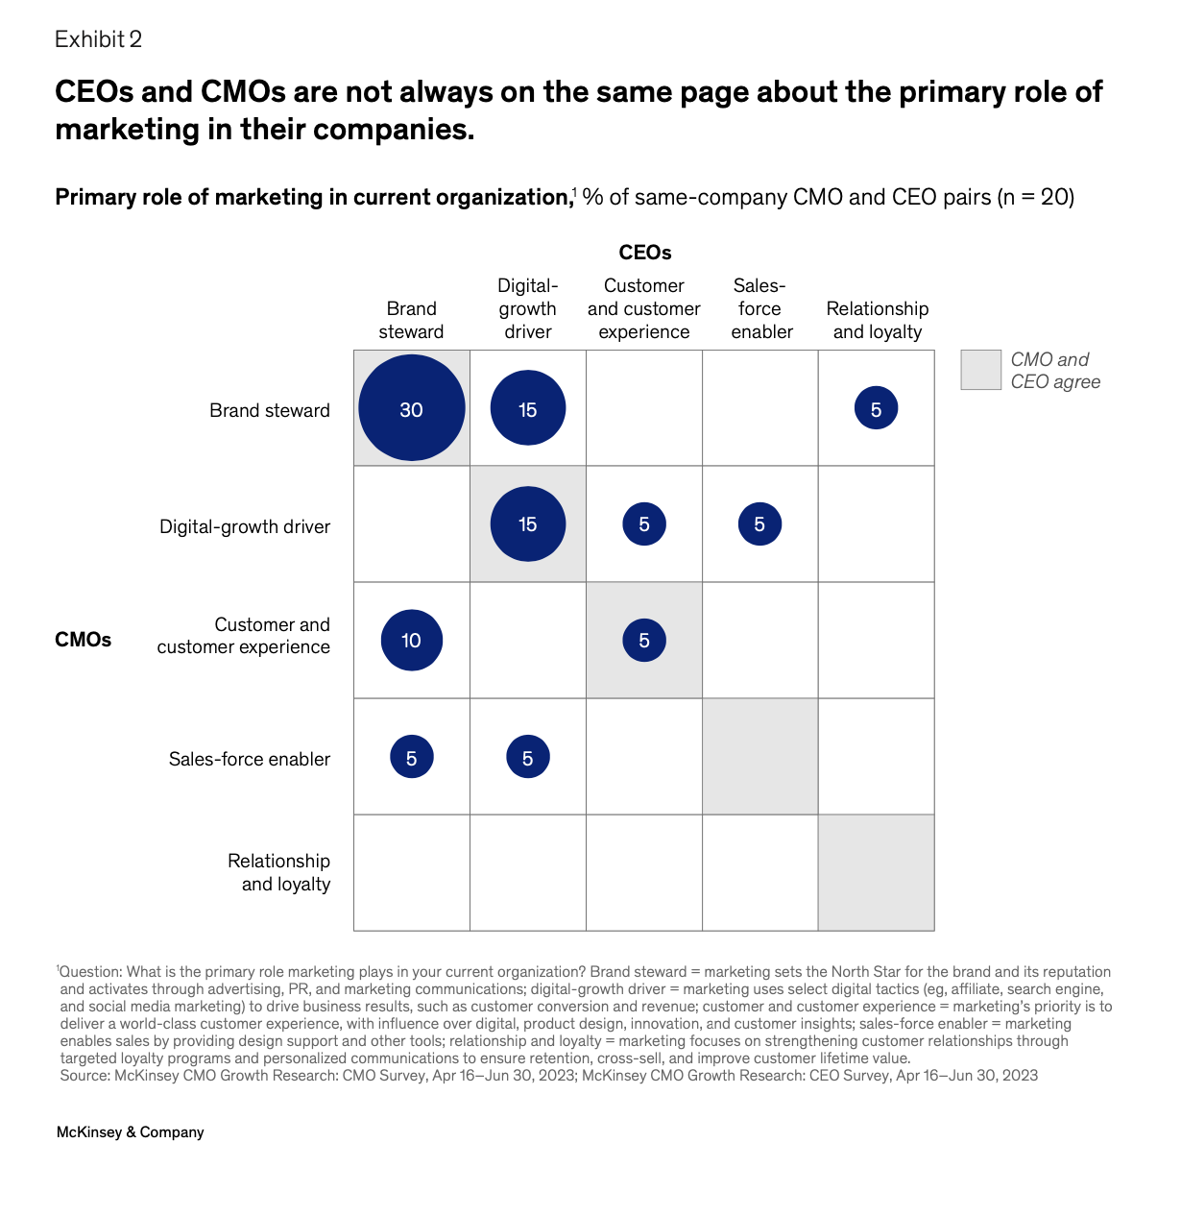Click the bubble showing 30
tap(411, 408)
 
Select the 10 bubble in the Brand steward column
tap(411, 640)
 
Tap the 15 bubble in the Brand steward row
tap(527, 408)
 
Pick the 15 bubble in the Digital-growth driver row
tap(527, 524)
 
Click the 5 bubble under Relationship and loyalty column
tap(876, 409)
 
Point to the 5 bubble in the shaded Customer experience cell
tap(643, 640)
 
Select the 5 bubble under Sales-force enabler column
tap(759, 524)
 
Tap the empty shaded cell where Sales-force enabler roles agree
tap(759, 757)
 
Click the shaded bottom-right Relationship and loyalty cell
tap(876, 872)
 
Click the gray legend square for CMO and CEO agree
tap(980, 370)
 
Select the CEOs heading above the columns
tap(644, 253)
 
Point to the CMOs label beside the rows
tap(83, 640)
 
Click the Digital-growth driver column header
tap(527, 308)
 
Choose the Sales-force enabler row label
tap(249, 759)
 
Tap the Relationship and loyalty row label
tap(278, 872)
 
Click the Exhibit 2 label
tap(98, 39)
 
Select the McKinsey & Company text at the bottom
tap(130, 1132)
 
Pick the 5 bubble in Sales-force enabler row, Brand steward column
tap(411, 757)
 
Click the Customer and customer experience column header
tap(643, 308)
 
